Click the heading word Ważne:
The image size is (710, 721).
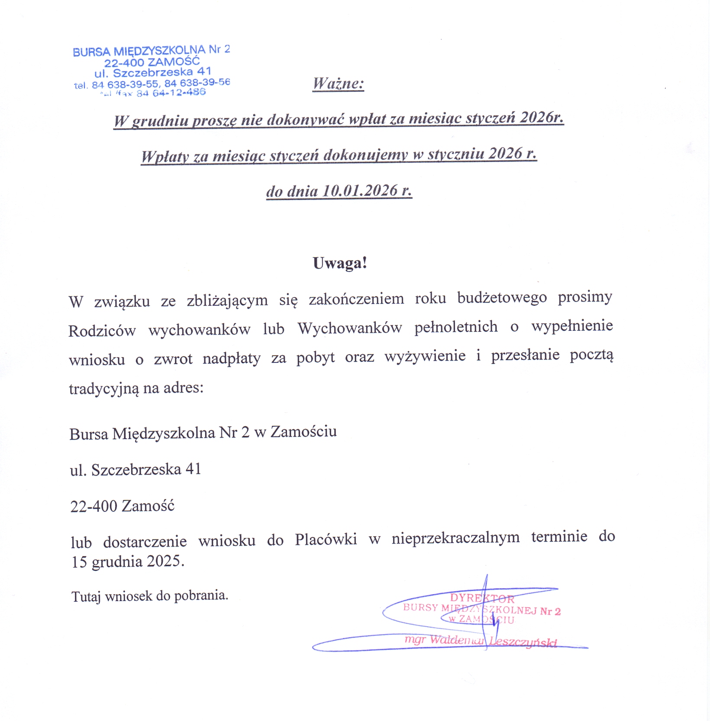(x=338, y=83)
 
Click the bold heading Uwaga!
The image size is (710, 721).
(x=340, y=263)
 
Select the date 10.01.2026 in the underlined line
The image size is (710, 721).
(x=360, y=191)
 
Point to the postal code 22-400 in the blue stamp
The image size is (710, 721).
(x=124, y=63)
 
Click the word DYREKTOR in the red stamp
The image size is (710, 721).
(x=482, y=599)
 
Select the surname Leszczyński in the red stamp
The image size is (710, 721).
(x=523, y=642)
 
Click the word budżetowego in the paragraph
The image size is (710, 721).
(x=502, y=298)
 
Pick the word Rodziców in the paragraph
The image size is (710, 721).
(x=102, y=331)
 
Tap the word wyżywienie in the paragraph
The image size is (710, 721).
(x=425, y=356)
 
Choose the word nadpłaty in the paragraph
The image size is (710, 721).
(x=231, y=359)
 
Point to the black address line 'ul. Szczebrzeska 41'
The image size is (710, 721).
(x=136, y=469)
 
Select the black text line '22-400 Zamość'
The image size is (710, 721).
(x=122, y=506)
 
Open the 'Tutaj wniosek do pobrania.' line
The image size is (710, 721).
(x=149, y=596)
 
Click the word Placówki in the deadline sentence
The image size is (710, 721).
(x=326, y=539)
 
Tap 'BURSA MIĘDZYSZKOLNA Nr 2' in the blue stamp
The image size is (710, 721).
(x=151, y=51)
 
